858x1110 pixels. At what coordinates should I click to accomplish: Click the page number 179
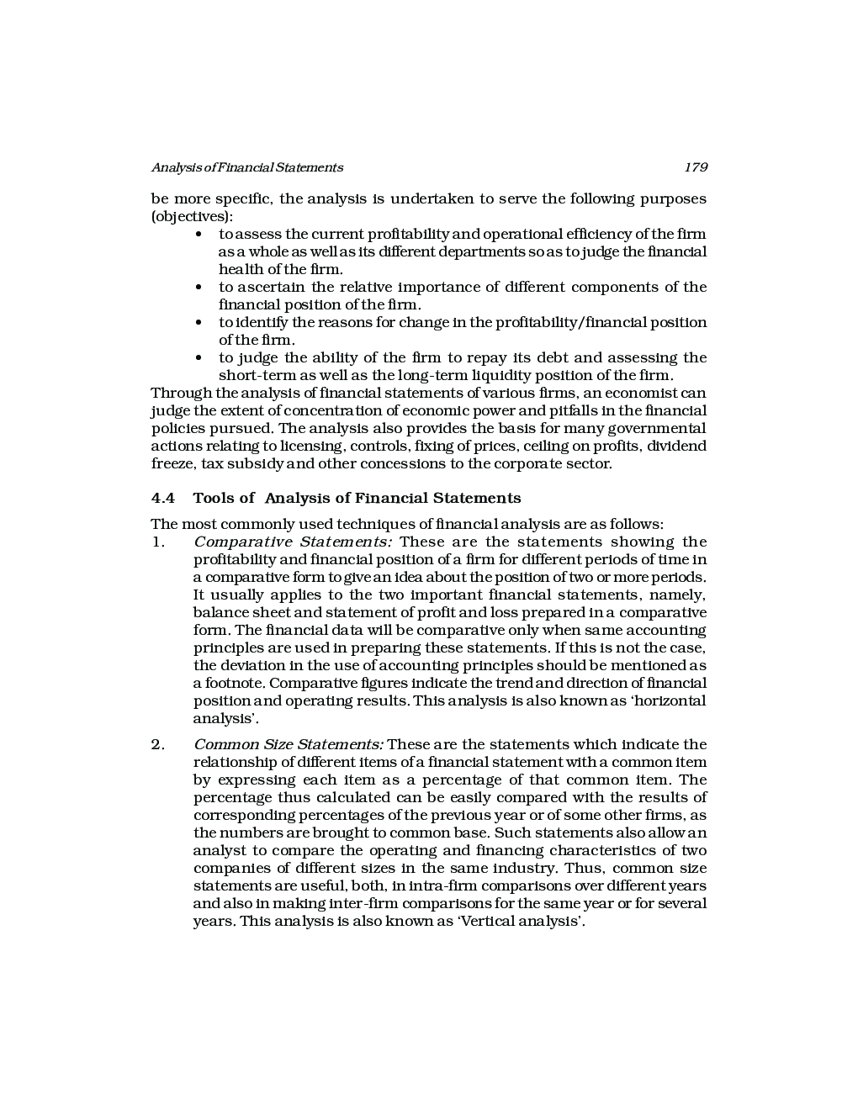tap(696, 167)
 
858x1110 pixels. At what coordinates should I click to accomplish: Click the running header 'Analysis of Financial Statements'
tap(246, 167)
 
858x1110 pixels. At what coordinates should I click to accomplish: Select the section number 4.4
tap(163, 498)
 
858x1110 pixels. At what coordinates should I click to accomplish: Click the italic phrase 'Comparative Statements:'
tap(293, 542)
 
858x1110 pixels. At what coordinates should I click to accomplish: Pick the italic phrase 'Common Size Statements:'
tap(289, 745)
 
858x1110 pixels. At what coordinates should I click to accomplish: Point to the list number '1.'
tap(158, 542)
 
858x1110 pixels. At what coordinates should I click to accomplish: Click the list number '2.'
tap(158, 745)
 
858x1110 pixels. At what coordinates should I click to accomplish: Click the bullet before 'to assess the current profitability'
tap(199, 235)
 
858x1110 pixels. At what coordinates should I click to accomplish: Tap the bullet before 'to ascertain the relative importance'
tap(199, 288)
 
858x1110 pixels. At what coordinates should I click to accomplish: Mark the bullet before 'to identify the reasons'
tap(199, 323)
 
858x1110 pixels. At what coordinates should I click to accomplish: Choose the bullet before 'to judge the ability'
tap(199, 358)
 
